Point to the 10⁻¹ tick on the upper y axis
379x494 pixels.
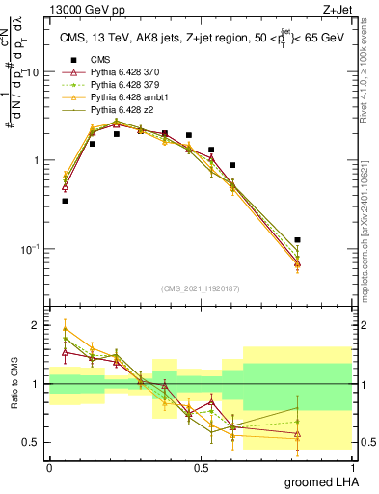pos(31,249)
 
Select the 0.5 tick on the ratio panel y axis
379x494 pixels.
pos(34,442)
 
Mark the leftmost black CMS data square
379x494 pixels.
pos(65,201)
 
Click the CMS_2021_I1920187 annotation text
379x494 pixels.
pos(200,287)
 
